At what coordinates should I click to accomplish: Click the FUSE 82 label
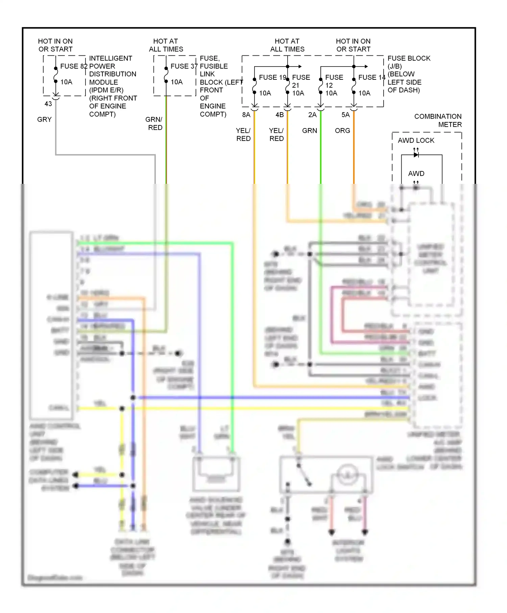tap(74, 66)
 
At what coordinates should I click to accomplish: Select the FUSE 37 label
tap(184, 66)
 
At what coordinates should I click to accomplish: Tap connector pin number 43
tap(48, 104)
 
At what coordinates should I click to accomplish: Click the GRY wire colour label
tap(44, 119)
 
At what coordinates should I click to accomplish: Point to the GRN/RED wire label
tap(154, 123)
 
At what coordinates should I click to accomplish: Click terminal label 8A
tap(246, 115)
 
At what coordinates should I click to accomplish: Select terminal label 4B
tap(280, 115)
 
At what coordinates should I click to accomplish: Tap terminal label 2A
tap(312, 115)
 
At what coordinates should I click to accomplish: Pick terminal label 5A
tap(345, 115)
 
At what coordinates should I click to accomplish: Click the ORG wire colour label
tap(342, 130)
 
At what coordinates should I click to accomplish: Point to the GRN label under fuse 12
tap(310, 130)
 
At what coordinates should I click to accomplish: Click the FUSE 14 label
tap(372, 77)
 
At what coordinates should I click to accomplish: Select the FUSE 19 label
tap(273, 77)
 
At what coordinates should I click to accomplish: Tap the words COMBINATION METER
tap(438, 120)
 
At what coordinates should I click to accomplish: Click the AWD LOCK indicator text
tap(416, 140)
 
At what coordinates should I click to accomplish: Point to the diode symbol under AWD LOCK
tap(416, 155)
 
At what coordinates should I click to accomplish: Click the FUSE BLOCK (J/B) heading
tap(409, 62)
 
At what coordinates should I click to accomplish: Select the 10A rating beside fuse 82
tap(66, 82)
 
